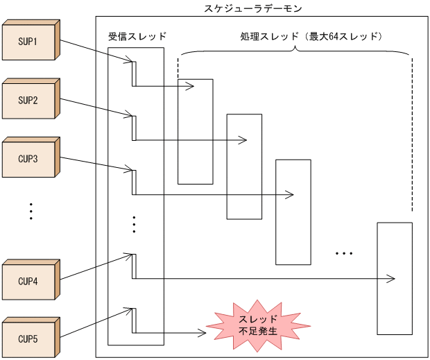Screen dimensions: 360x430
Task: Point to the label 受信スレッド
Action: [x=137, y=35]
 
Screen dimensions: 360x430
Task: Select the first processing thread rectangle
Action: [x=195, y=132]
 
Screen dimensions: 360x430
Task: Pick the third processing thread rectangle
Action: [x=293, y=212]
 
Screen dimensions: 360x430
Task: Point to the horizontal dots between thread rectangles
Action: [x=345, y=254]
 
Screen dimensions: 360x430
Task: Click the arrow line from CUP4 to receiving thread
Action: [x=94, y=267]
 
